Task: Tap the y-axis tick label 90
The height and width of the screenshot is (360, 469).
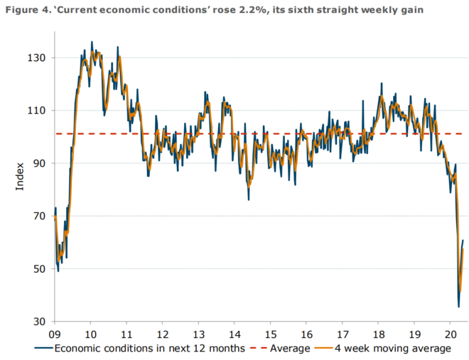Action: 40,163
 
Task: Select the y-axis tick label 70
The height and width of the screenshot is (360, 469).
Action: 40,216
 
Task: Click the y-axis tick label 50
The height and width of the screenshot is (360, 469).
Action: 40,268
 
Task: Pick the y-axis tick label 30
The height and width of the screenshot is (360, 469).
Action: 40,322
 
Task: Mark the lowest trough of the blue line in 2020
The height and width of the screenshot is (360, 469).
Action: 458,307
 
